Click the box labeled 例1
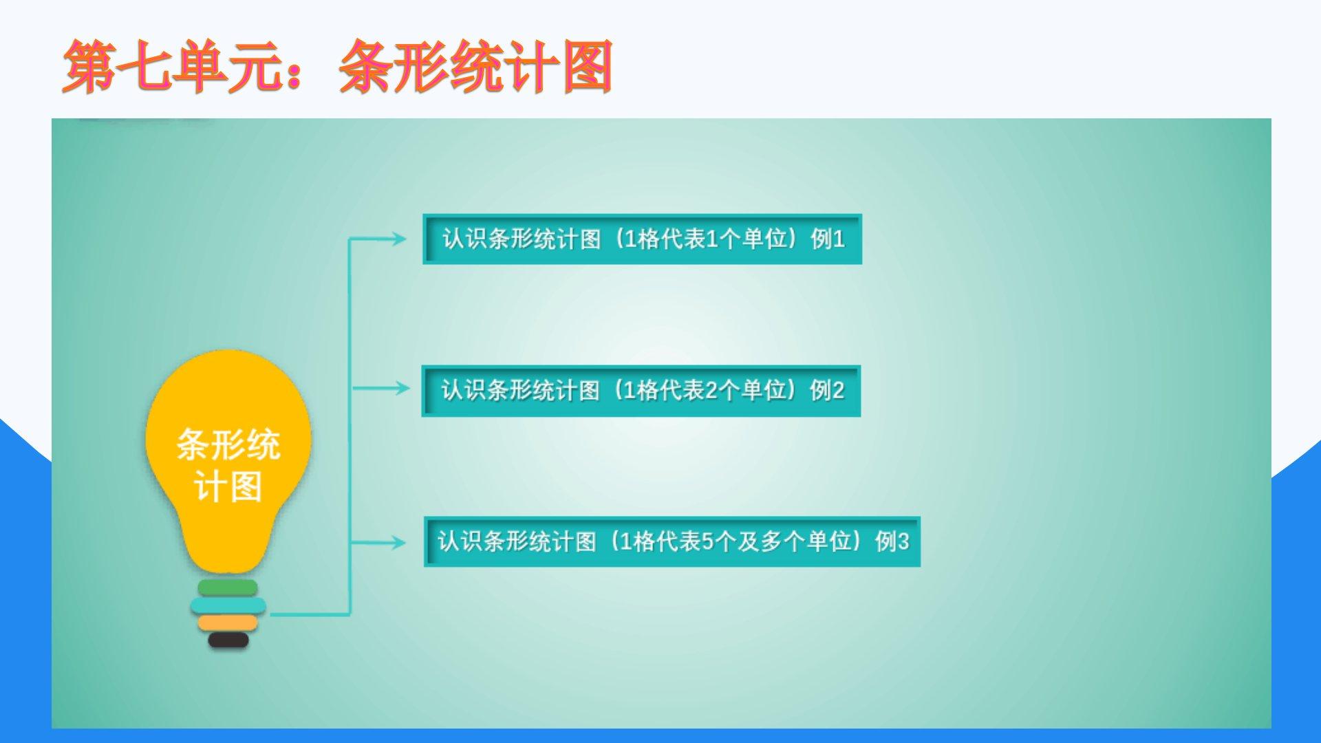642,239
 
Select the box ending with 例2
641,391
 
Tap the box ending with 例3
672,541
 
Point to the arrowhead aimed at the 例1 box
398,239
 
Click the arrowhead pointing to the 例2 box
400,388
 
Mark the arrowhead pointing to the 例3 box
398,542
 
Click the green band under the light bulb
228,588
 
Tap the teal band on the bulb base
228,605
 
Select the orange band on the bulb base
228,623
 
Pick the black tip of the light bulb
228,640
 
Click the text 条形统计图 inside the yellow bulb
228,465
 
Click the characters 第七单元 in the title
172,66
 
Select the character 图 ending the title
587,66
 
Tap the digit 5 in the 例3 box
707,542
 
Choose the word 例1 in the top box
828,239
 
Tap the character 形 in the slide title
421,66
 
